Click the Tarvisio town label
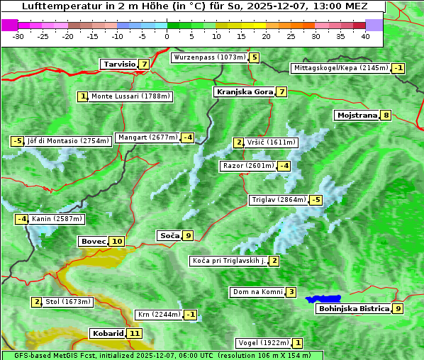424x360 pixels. click(x=119, y=64)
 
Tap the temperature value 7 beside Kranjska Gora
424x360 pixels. click(x=281, y=91)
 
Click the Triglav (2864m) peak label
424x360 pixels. click(x=279, y=200)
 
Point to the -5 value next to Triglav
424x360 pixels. click(x=316, y=200)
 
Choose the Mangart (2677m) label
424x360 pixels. click(x=147, y=137)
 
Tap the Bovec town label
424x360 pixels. click(x=93, y=242)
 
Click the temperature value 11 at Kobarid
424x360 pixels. click(x=135, y=333)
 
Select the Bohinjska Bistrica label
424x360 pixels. click(x=354, y=308)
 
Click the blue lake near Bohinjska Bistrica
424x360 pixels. click(x=323, y=299)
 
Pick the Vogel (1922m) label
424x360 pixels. click(x=261, y=343)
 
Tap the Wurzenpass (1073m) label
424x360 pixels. click(x=210, y=57)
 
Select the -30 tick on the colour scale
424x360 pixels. click(x=18, y=35)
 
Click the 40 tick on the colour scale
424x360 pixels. click(x=365, y=35)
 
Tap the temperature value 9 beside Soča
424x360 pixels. click(x=188, y=235)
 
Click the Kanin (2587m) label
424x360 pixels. click(x=57, y=219)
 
